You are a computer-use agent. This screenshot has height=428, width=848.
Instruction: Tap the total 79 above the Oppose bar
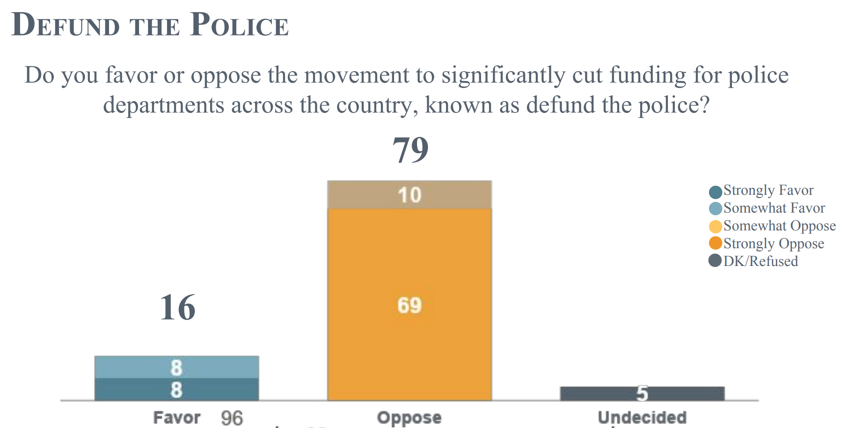pos(410,150)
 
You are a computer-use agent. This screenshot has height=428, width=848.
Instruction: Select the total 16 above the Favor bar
pos(177,308)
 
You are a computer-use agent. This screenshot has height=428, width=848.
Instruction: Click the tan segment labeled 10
pos(409,195)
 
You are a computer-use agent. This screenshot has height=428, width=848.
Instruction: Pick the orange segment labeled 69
pos(409,305)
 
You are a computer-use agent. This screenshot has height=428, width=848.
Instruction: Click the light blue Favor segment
pos(176,367)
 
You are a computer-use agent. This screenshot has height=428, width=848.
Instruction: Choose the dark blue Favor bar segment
pos(176,390)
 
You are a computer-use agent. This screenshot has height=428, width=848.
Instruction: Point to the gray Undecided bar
pos(642,393)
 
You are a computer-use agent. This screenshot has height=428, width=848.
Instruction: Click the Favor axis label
pos(176,417)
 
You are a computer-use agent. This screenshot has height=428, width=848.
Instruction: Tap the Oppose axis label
pos(409,417)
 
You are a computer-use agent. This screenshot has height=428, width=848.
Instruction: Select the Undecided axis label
pos(642,417)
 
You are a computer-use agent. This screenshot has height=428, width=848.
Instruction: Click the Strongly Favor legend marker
pos(715,192)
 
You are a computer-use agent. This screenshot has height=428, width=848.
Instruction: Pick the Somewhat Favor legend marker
pos(715,209)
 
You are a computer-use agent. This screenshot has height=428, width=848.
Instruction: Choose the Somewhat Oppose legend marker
pos(715,227)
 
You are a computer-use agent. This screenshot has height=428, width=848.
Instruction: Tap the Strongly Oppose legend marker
pos(715,244)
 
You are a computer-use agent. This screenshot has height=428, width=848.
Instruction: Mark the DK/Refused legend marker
pos(715,260)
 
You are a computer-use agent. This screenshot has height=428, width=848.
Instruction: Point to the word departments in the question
pos(163,105)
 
